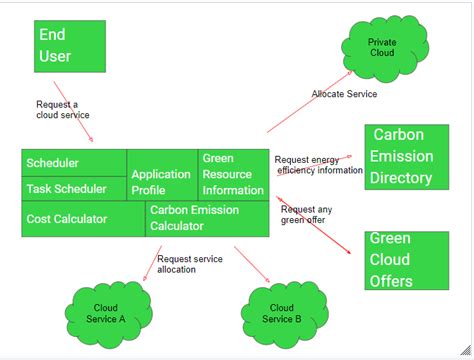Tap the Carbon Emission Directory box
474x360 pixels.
[406, 157]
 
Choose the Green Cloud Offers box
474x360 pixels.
[406, 260]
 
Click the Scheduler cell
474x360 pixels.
[74, 163]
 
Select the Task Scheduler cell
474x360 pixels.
[74, 187]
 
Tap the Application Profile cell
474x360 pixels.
[162, 181]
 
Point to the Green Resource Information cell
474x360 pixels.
[233, 174]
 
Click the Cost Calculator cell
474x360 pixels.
[83, 219]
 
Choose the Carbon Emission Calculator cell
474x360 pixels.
[206, 219]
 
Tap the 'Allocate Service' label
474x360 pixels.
[344, 93]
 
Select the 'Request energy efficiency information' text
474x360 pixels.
[318, 164]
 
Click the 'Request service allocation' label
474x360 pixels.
[190, 264]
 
